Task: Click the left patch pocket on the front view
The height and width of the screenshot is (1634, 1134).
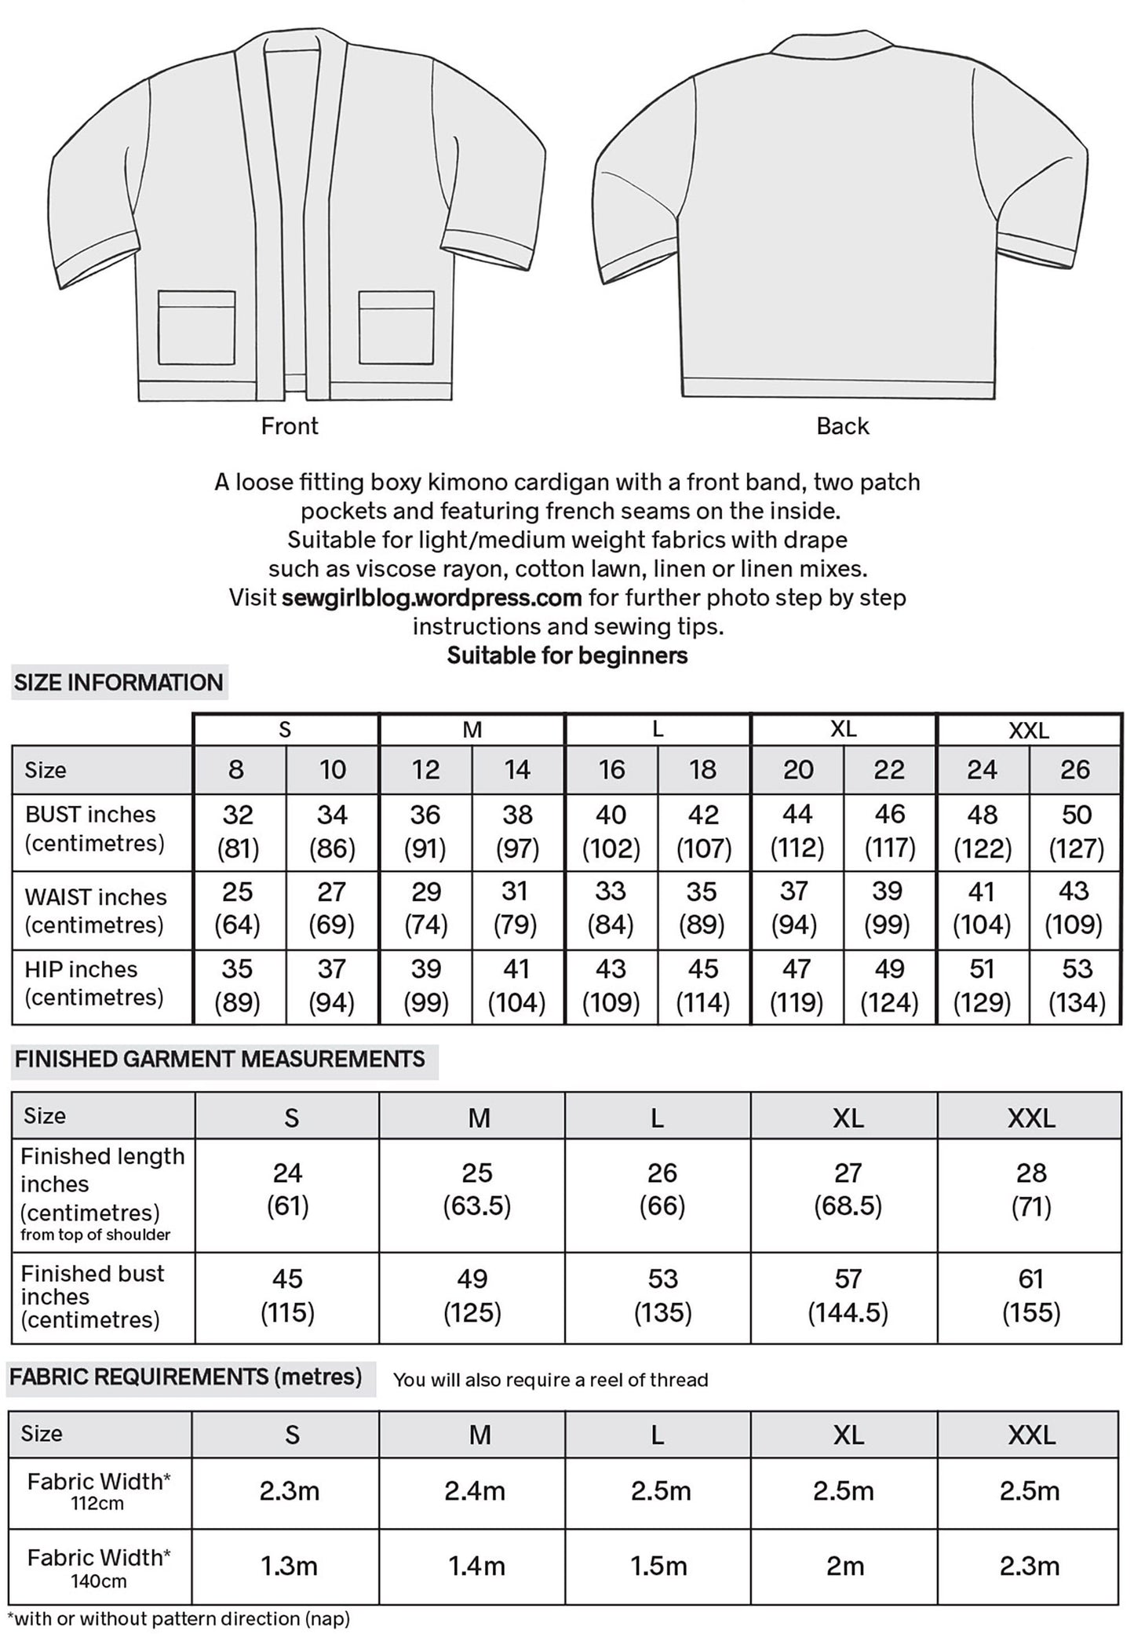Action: [x=197, y=327]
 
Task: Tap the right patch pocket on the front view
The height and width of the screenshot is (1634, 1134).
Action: [x=396, y=327]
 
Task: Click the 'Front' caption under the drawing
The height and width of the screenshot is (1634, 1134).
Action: [x=290, y=426]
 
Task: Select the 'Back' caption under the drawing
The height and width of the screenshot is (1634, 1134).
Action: [x=842, y=426]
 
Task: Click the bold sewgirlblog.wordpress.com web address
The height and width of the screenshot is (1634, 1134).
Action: [x=432, y=598]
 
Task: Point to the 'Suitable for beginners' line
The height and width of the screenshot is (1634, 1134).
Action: [x=567, y=655]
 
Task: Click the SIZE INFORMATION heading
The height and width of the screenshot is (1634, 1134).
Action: [x=119, y=683]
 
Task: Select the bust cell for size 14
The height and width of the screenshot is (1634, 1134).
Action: [x=517, y=831]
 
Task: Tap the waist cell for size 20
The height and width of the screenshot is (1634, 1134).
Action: [x=796, y=909]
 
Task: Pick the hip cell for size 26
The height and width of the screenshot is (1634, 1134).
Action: [x=1075, y=986]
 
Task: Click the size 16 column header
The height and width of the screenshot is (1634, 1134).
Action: [x=611, y=770]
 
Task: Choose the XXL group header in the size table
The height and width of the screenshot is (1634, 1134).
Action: [x=1028, y=731]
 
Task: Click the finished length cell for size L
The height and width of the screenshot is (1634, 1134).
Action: [x=662, y=1189]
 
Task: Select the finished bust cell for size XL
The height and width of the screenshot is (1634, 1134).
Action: [x=848, y=1296]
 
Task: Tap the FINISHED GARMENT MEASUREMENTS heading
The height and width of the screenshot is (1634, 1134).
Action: [x=220, y=1060]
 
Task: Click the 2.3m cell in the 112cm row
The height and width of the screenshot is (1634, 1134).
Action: [x=290, y=1491]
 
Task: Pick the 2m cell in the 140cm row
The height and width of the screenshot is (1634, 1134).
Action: [x=844, y=1567]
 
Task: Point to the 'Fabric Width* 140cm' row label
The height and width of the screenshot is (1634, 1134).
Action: [x=98, y=1567]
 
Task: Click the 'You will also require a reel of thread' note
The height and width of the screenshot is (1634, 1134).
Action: [x=550, y=1380]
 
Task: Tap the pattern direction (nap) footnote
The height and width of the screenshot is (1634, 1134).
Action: [x=178, y=1618]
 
